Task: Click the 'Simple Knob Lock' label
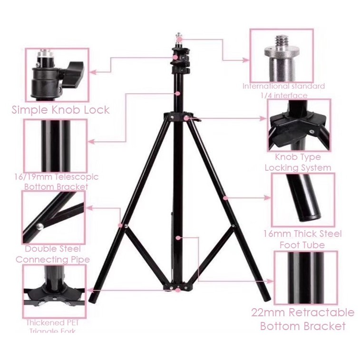60,110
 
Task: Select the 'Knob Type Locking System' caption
298,162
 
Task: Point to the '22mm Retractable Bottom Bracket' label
302,319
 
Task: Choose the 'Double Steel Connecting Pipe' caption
53,254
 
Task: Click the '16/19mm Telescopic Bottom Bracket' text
56,181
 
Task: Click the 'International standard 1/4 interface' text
284,90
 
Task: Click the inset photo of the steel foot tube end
303,200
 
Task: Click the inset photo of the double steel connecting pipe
53,217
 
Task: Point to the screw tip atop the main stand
178,35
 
